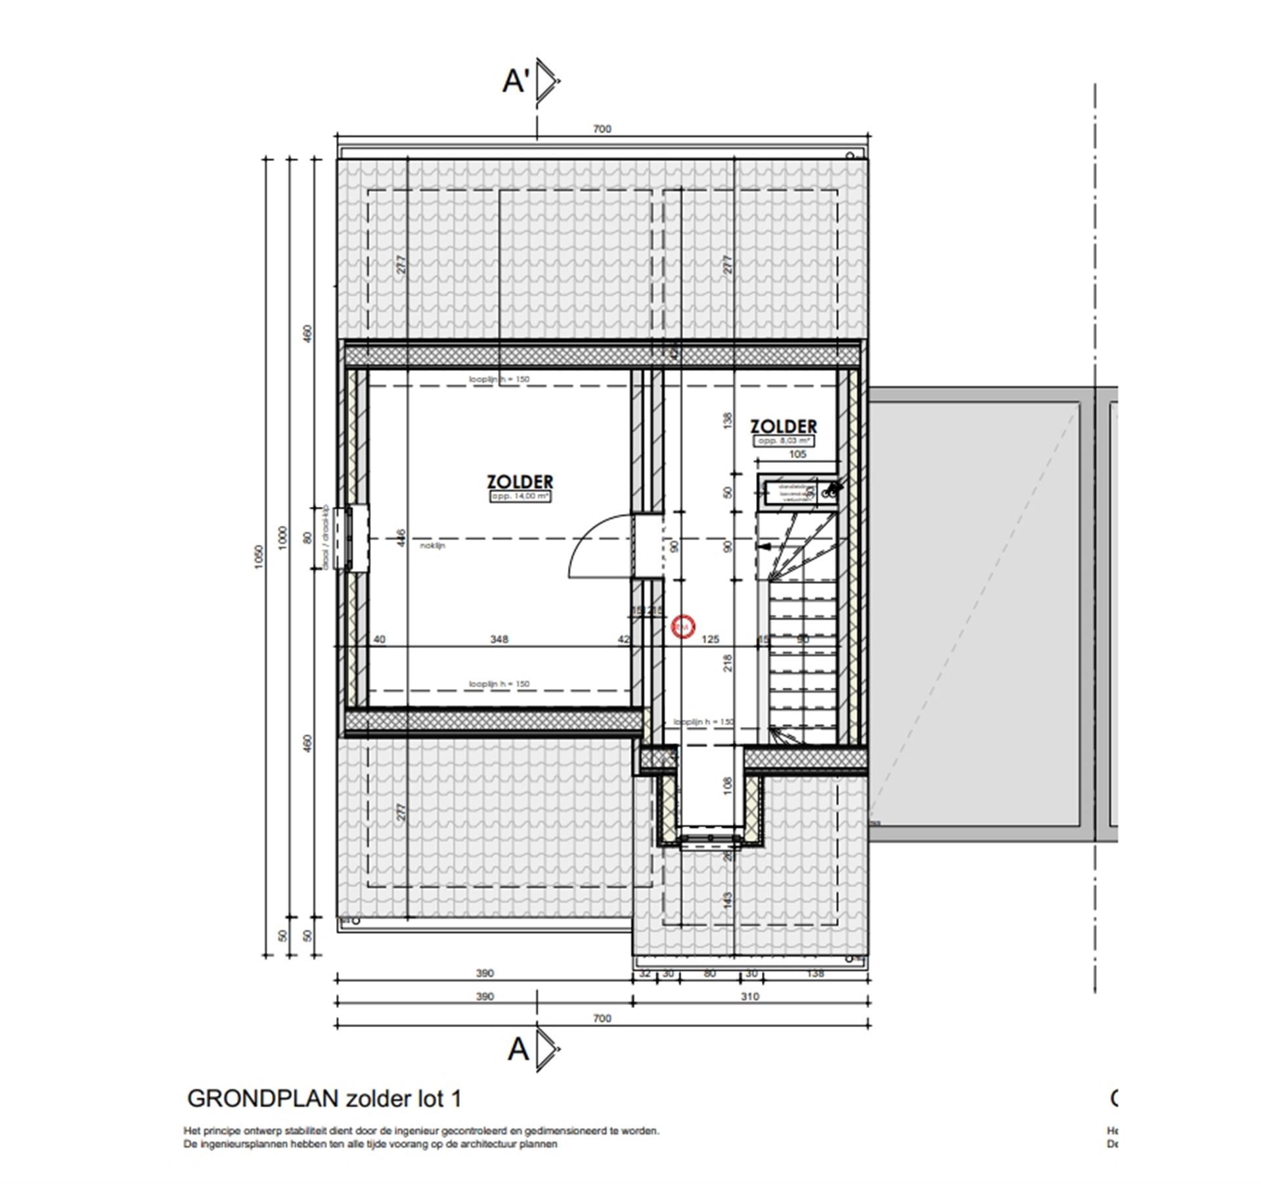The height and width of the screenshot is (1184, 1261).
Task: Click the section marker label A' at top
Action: point(516,82)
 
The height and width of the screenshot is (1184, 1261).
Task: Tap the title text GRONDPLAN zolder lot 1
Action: point(324,1099)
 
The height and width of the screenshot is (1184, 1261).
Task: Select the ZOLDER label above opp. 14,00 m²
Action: point(520,482)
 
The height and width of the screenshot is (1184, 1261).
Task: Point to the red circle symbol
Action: point(683,626)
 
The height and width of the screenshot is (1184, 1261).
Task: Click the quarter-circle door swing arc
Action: point(594,538)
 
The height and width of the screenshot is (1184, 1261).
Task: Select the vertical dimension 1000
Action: point(283,538)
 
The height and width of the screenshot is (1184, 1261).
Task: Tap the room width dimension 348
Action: point(499,639)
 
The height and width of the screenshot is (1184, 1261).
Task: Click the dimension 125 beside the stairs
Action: point(711,639)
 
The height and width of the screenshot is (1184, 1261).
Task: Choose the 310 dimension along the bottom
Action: point(749,996)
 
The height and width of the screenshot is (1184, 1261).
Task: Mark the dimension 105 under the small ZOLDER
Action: point(797,454)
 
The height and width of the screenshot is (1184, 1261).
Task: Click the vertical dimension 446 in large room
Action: point(401,538)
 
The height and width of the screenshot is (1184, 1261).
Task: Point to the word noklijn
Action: point(433,545)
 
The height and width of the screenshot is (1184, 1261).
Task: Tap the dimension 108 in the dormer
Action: point(727,786)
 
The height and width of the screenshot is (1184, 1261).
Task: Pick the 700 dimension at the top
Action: point(602,129)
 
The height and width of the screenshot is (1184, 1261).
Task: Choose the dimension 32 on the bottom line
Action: point(644,973)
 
